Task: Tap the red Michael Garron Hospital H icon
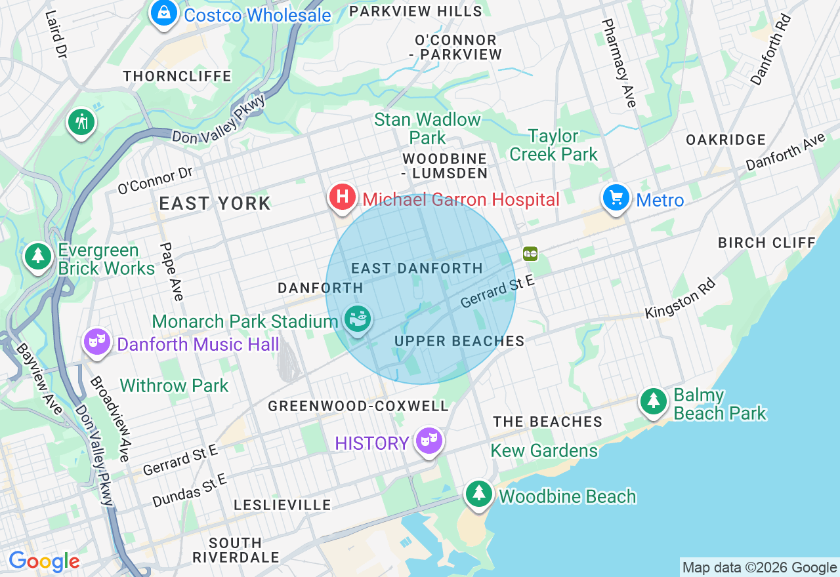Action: pyautogui.click(x=342, y=197)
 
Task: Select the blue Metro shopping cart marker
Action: pyautogui.click(x=616, y=197)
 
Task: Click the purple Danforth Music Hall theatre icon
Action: pyautogui.click(x=97, y=342)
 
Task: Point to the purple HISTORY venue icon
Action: pyautogui.click(x=429, y=441)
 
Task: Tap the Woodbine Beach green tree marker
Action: pyautogui.click(x=479, y=494)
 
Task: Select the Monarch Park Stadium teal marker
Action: pyautogui.click(x=358, y=319)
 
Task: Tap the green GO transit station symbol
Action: pyautogui.click(x=530, y=253)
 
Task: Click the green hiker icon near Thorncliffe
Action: pyautogui.click(x=81, y=122)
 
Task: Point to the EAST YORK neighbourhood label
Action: pyautogui.click(x=215, y=203)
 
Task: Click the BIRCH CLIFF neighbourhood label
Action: pyautogui.click(x=766, y=243)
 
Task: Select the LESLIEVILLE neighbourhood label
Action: pyautogui.click(x=283, y=505)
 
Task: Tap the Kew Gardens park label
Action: pyautogui.click(x=545, y=450)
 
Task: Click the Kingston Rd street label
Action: pyautogui.click(x=680, y=298)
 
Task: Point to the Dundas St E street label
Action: pyautogui.click(x=190, y=490)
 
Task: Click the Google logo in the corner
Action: pyautogui.click(x=44, y=562)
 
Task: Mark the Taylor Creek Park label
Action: pyautogui.click(x=553, y=145)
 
